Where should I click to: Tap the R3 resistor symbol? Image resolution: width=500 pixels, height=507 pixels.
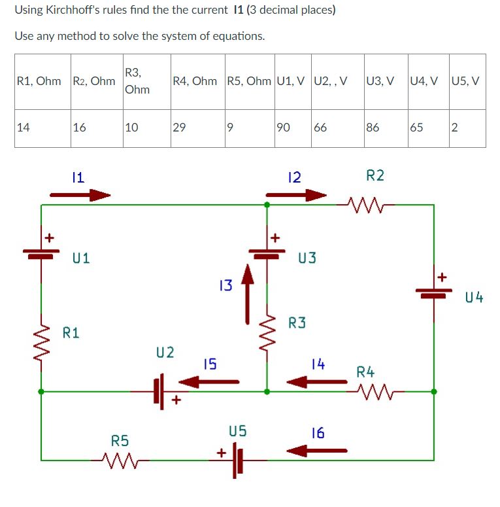[x=267, y=331]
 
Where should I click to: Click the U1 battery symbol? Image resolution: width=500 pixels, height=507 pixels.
[x=42, y=252]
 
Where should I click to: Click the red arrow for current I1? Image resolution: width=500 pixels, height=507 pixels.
[x=80, y=194]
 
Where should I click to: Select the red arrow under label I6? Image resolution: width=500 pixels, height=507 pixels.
[x=317, y=450]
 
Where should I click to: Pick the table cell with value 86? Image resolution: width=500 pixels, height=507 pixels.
[x=385, y=128]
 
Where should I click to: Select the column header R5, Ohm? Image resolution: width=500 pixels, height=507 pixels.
[x=248, y=81]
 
